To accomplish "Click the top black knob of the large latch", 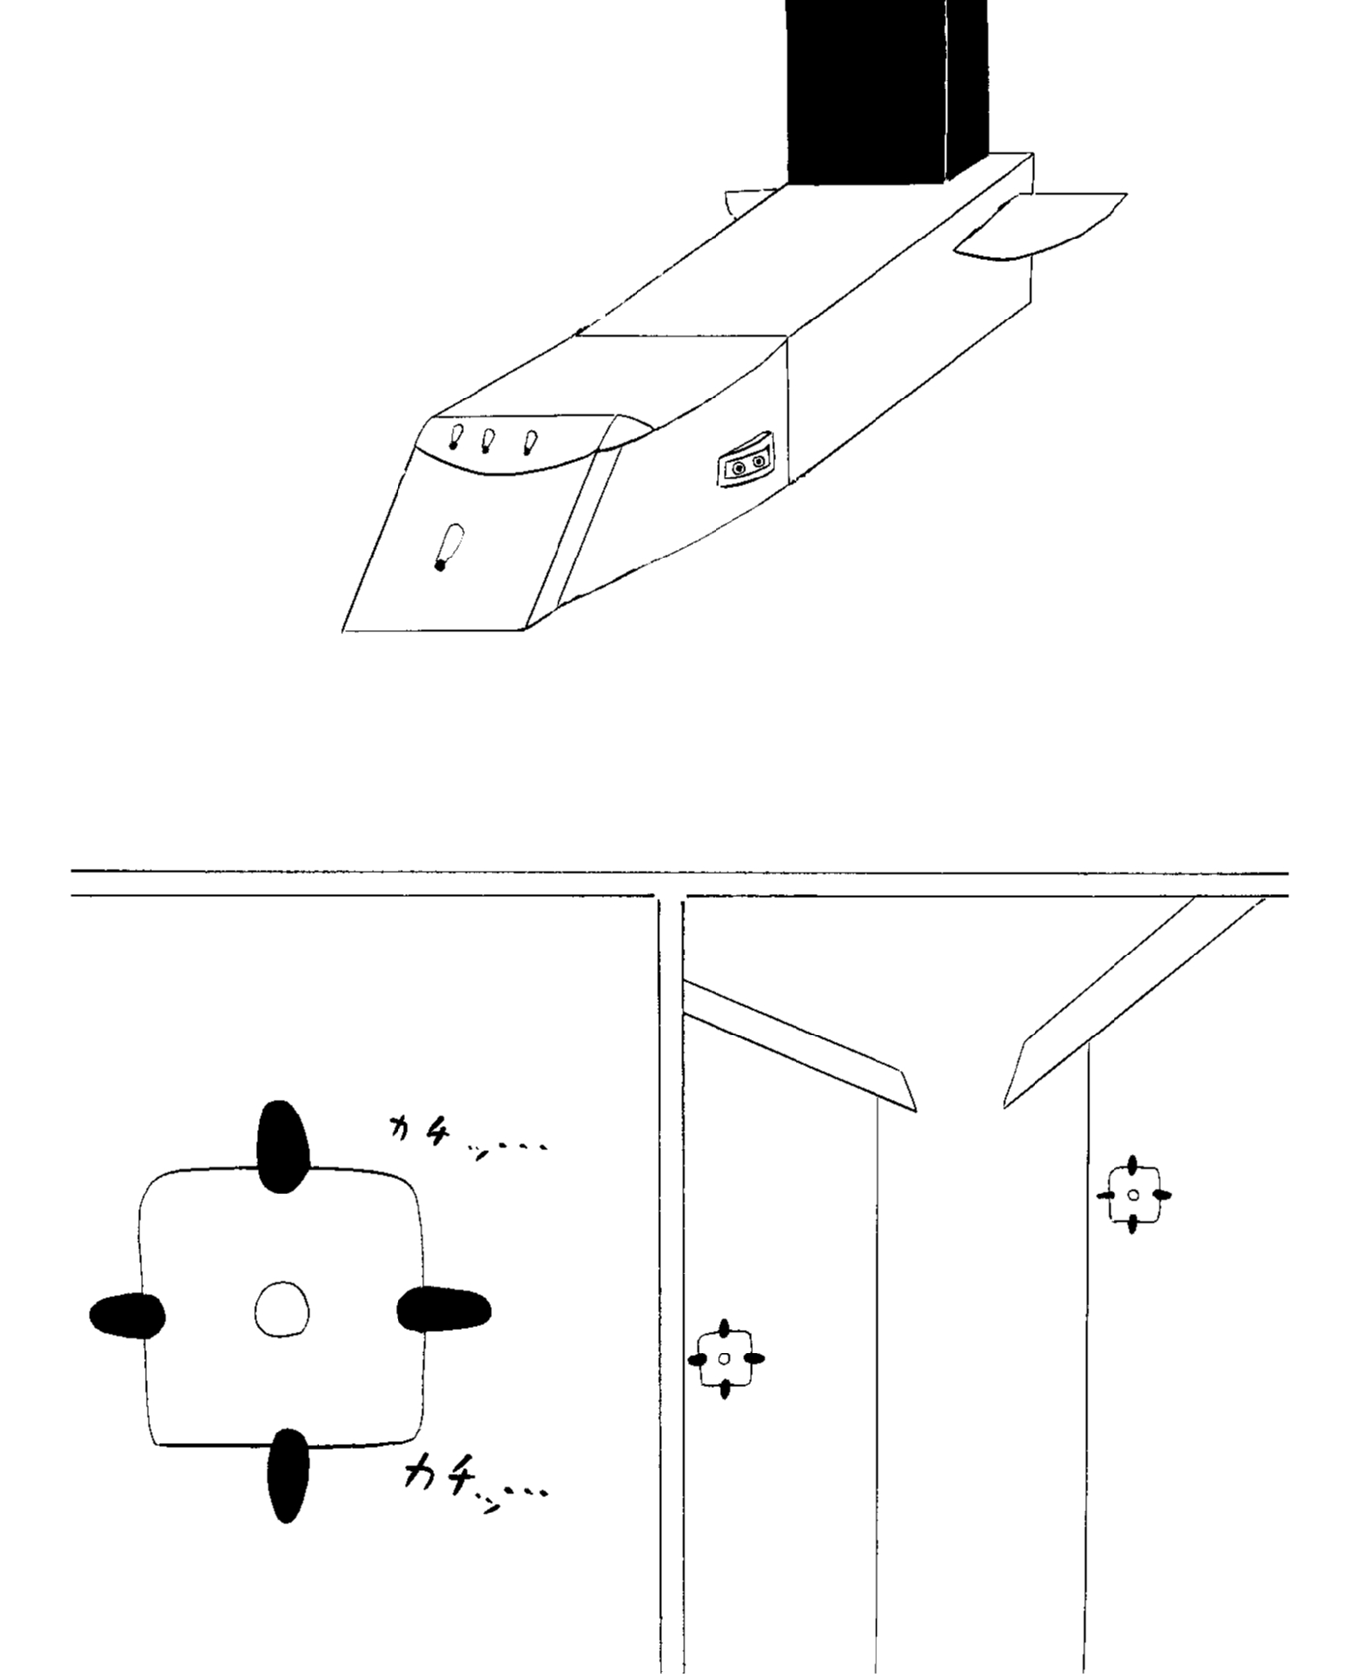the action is (x=282, y=1147).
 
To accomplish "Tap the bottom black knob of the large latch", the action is (x=287, y=1475).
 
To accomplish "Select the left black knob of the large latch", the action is (x=127, y=1315).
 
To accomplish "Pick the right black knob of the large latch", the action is (x=444, y=1310).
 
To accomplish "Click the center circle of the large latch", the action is (x=282, y=1310).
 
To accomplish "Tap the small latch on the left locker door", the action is (x=725, y=1359).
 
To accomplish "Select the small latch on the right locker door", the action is (x=1134, y=1195).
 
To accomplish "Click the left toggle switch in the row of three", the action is (x=455, y=437).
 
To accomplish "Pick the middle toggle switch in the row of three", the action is (x=488, y=441).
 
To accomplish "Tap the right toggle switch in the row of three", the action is (x=530, y=443).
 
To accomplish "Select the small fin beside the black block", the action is (x=751, y=202).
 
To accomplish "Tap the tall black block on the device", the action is (x=886, y=92).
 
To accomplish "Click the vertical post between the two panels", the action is (x=671, y=1285).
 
